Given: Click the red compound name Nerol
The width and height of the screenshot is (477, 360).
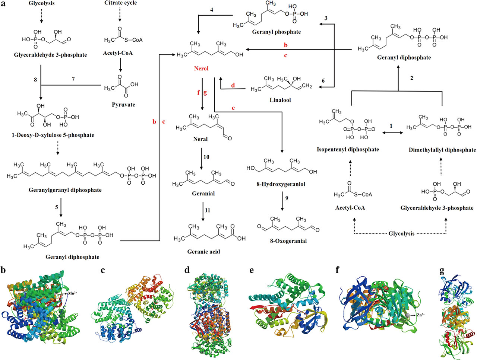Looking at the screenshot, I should (x=201, y=69).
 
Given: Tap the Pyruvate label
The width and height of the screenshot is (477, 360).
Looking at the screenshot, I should (x=123, y=105).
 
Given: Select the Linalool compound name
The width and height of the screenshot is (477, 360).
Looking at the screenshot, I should (x=280, y=100).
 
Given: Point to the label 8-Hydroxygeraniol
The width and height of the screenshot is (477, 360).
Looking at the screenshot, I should (x=281, y=184).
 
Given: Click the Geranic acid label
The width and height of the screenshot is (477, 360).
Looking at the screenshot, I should (x=203, y=252).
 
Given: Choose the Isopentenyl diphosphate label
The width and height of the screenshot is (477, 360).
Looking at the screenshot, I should (x=348, y=149).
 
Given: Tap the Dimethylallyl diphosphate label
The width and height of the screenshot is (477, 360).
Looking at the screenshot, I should (x=442, y=150).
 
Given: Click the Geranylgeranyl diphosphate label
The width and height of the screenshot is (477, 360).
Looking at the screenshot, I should (x=65, y=190).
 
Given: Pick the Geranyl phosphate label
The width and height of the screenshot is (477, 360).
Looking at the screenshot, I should (x=276, y=32).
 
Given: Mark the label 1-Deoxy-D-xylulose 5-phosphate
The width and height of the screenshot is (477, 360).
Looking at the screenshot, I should (x=52, y=135).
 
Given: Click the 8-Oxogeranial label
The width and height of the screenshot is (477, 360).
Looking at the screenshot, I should (x=288, y=241).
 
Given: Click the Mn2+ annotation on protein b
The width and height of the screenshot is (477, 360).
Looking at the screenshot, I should (x=72, y=293).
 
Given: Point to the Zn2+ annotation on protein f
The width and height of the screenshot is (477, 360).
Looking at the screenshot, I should (x=420, y=315).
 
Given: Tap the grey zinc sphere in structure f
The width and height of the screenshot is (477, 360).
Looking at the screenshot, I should (x=409, y=315).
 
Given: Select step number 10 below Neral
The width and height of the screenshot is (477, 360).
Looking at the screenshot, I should (x=206, y=157).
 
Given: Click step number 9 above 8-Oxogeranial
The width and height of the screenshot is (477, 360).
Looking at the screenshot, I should (x=287, y=198).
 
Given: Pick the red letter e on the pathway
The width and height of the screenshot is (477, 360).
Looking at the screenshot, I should (x=233, y=108).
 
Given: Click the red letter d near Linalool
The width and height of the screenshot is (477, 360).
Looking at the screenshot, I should (x=233, y=85).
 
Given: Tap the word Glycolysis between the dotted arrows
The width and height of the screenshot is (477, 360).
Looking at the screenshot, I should (x=401, y=233).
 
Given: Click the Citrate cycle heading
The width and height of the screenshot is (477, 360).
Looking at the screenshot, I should (x=120, y=3).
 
